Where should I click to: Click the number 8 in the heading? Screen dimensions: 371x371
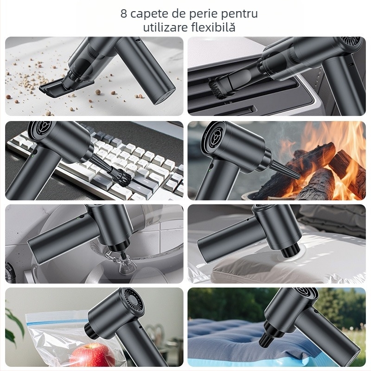(x=124, y=13)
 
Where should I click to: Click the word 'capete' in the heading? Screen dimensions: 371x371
(x=149, y=14)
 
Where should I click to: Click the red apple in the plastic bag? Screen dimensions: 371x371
(x=89, y=355)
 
